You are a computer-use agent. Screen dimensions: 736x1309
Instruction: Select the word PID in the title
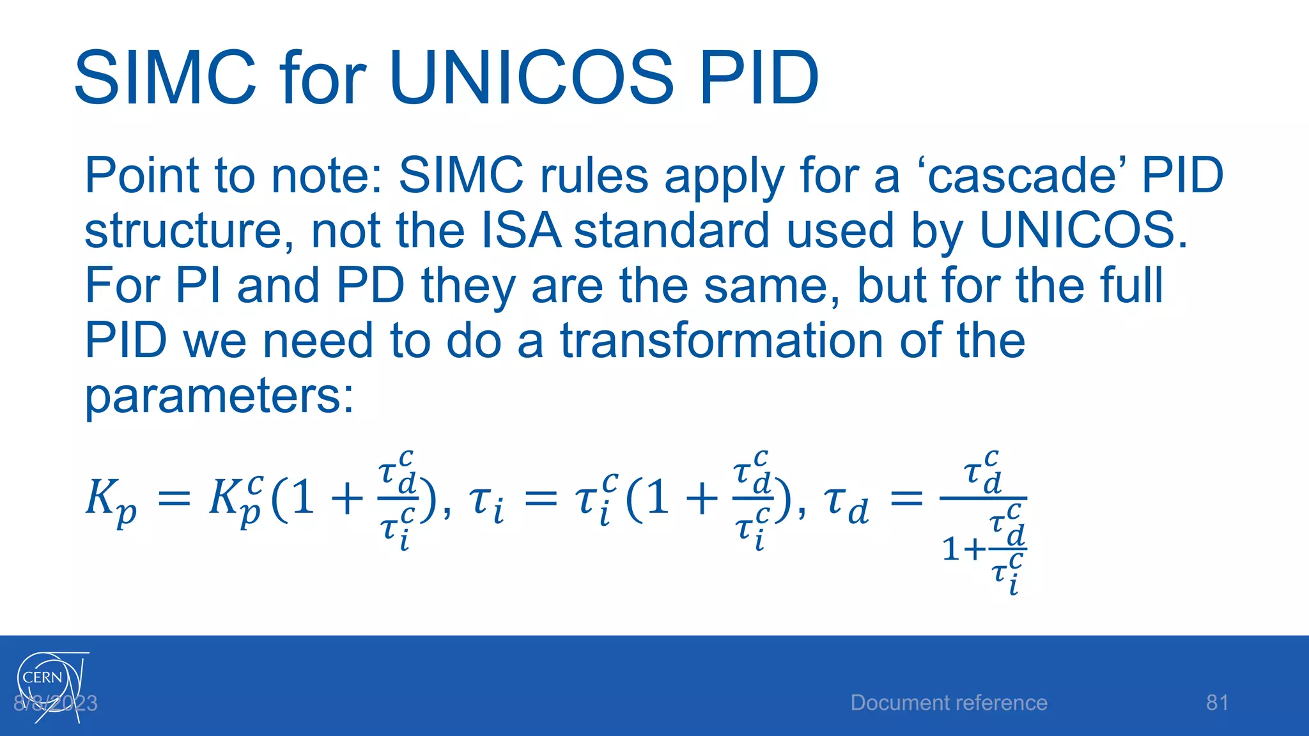click(x=759, y=78)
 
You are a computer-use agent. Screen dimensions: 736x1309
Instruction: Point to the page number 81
click(x=1217, y=703)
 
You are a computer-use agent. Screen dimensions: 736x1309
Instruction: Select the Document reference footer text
click(x=949, y=703)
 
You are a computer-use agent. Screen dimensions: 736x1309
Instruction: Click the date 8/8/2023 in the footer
click(x=56, y=703)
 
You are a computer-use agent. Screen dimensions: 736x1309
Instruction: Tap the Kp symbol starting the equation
click(x=110, y=500)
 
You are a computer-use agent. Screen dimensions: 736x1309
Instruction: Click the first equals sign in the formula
click(x=174, y=499)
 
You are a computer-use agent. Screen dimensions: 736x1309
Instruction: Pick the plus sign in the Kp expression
click(x=347, y=499)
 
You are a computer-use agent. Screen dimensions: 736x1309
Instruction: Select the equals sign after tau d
click(x=906, y=499)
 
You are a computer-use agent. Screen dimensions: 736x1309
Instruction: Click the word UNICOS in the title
click(x=530, y=78)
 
